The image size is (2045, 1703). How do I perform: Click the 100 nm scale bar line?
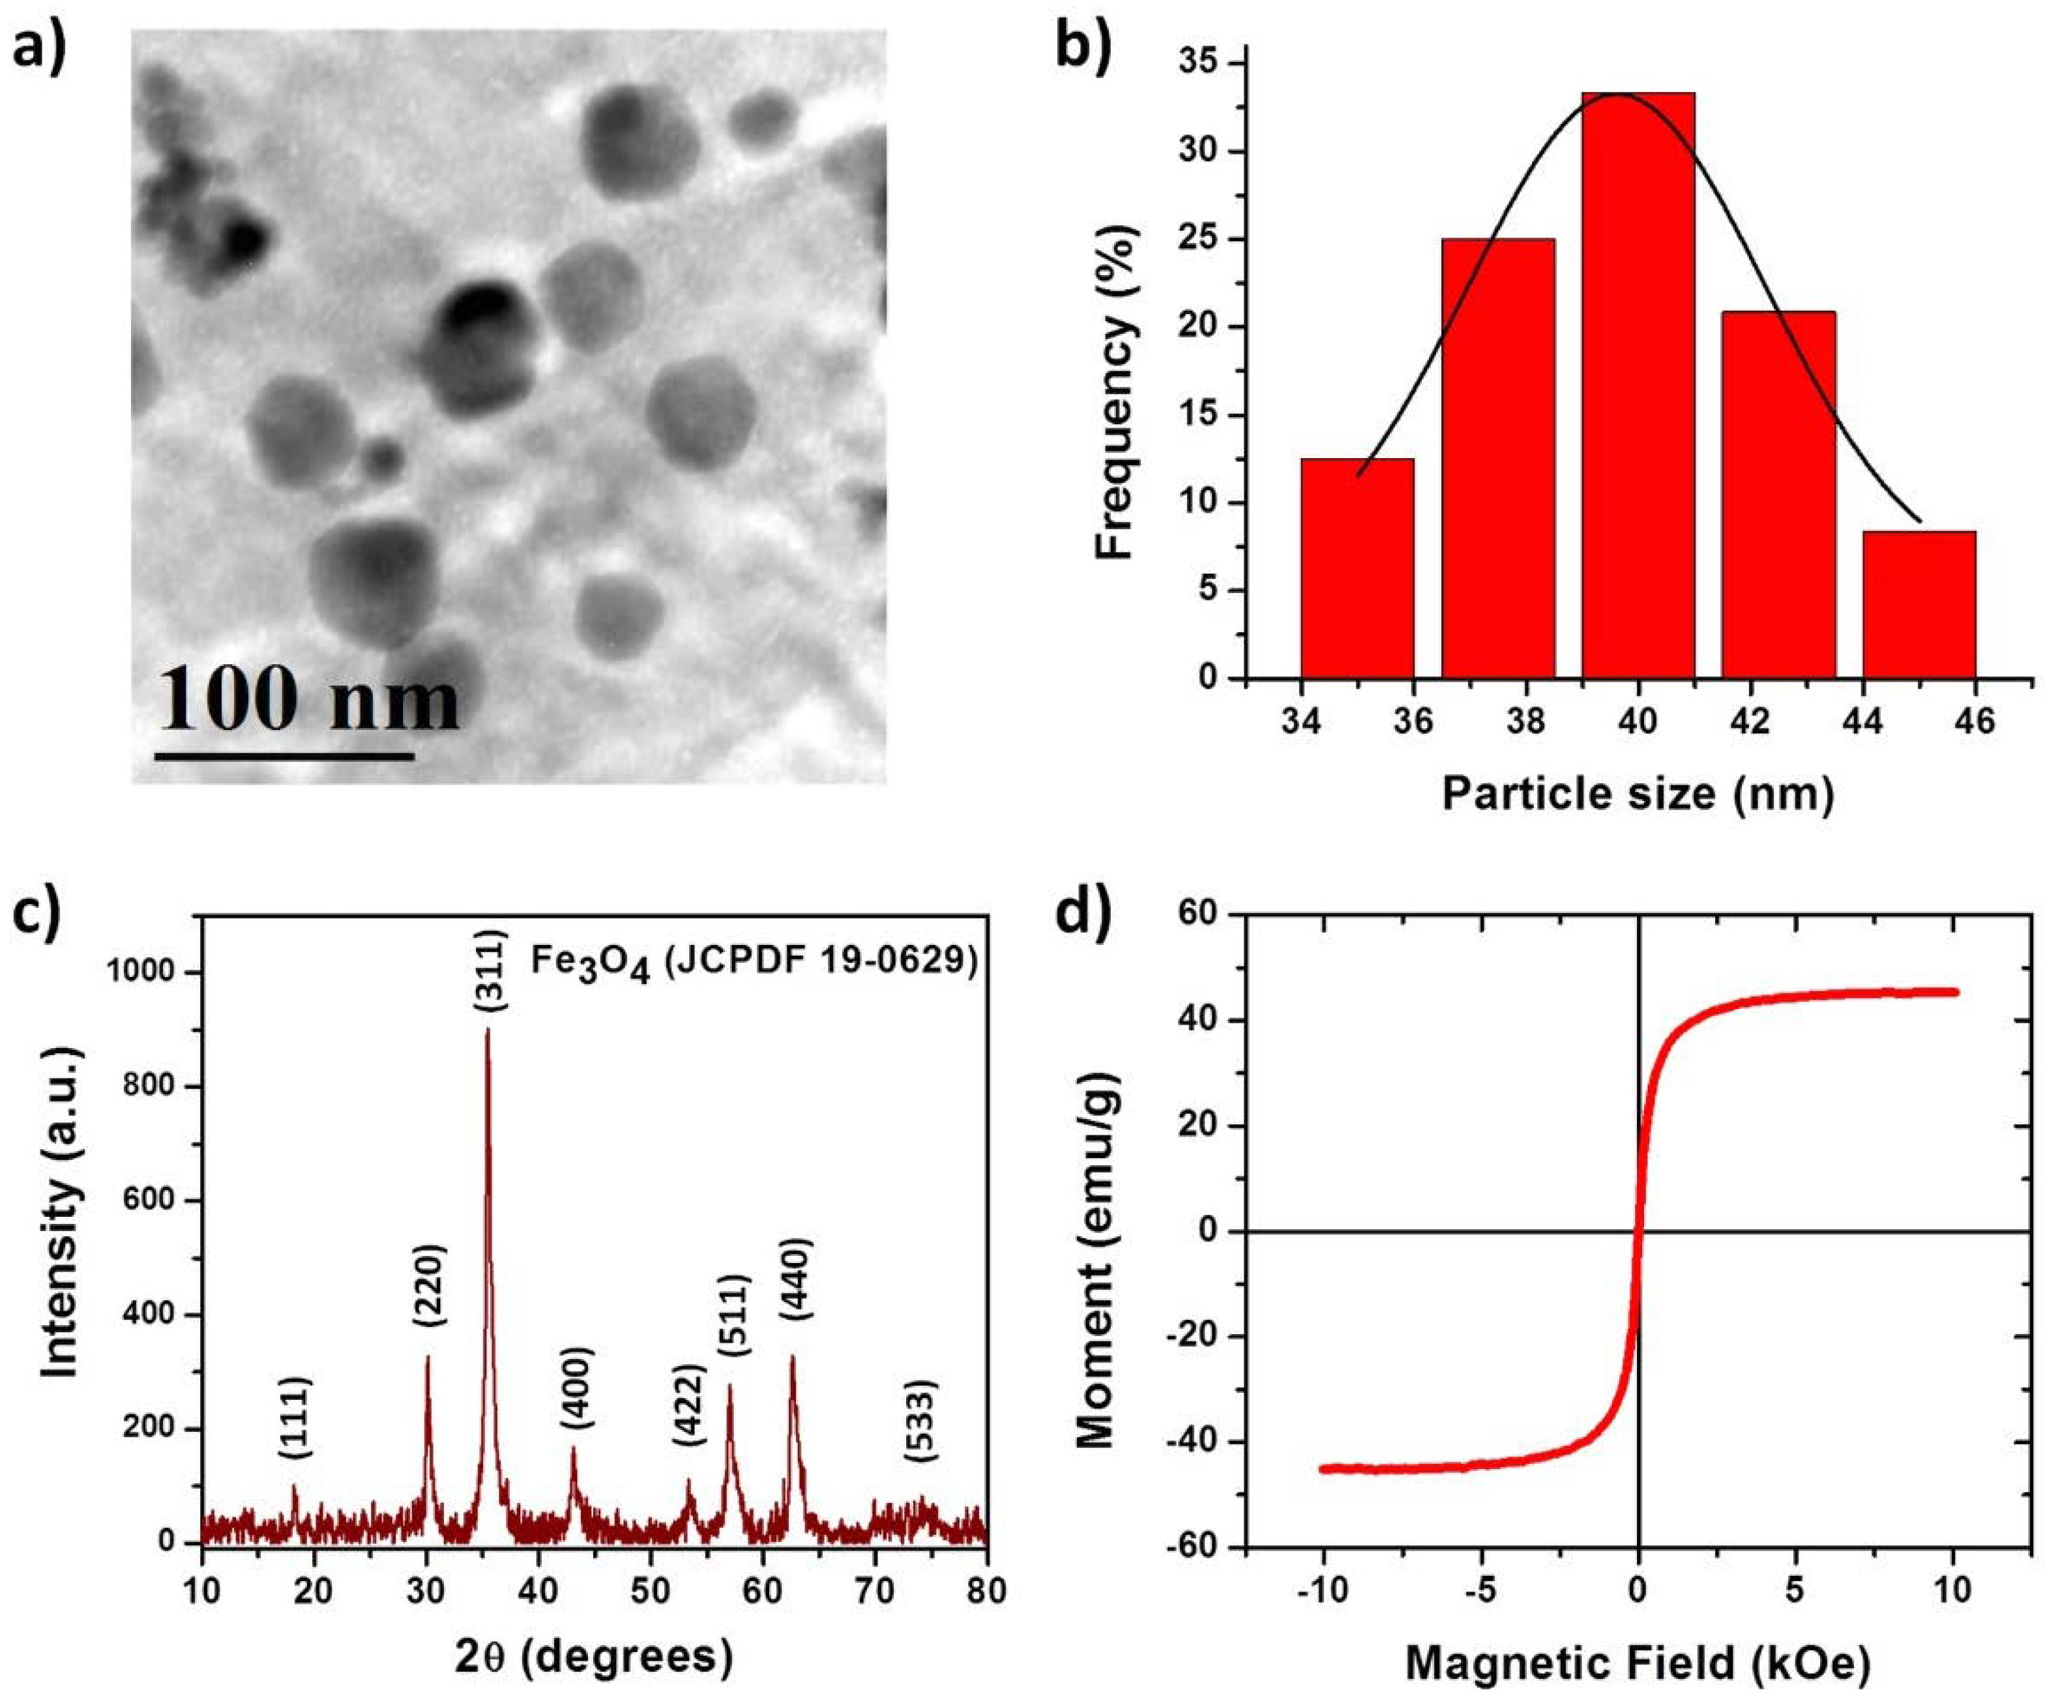coord(284,755)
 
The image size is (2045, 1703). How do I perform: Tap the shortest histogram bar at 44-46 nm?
coord(1919,605)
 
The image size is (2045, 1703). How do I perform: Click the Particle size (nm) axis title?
coord(1638,794)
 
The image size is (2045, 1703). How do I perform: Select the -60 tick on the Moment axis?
coord(1188,1547)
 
